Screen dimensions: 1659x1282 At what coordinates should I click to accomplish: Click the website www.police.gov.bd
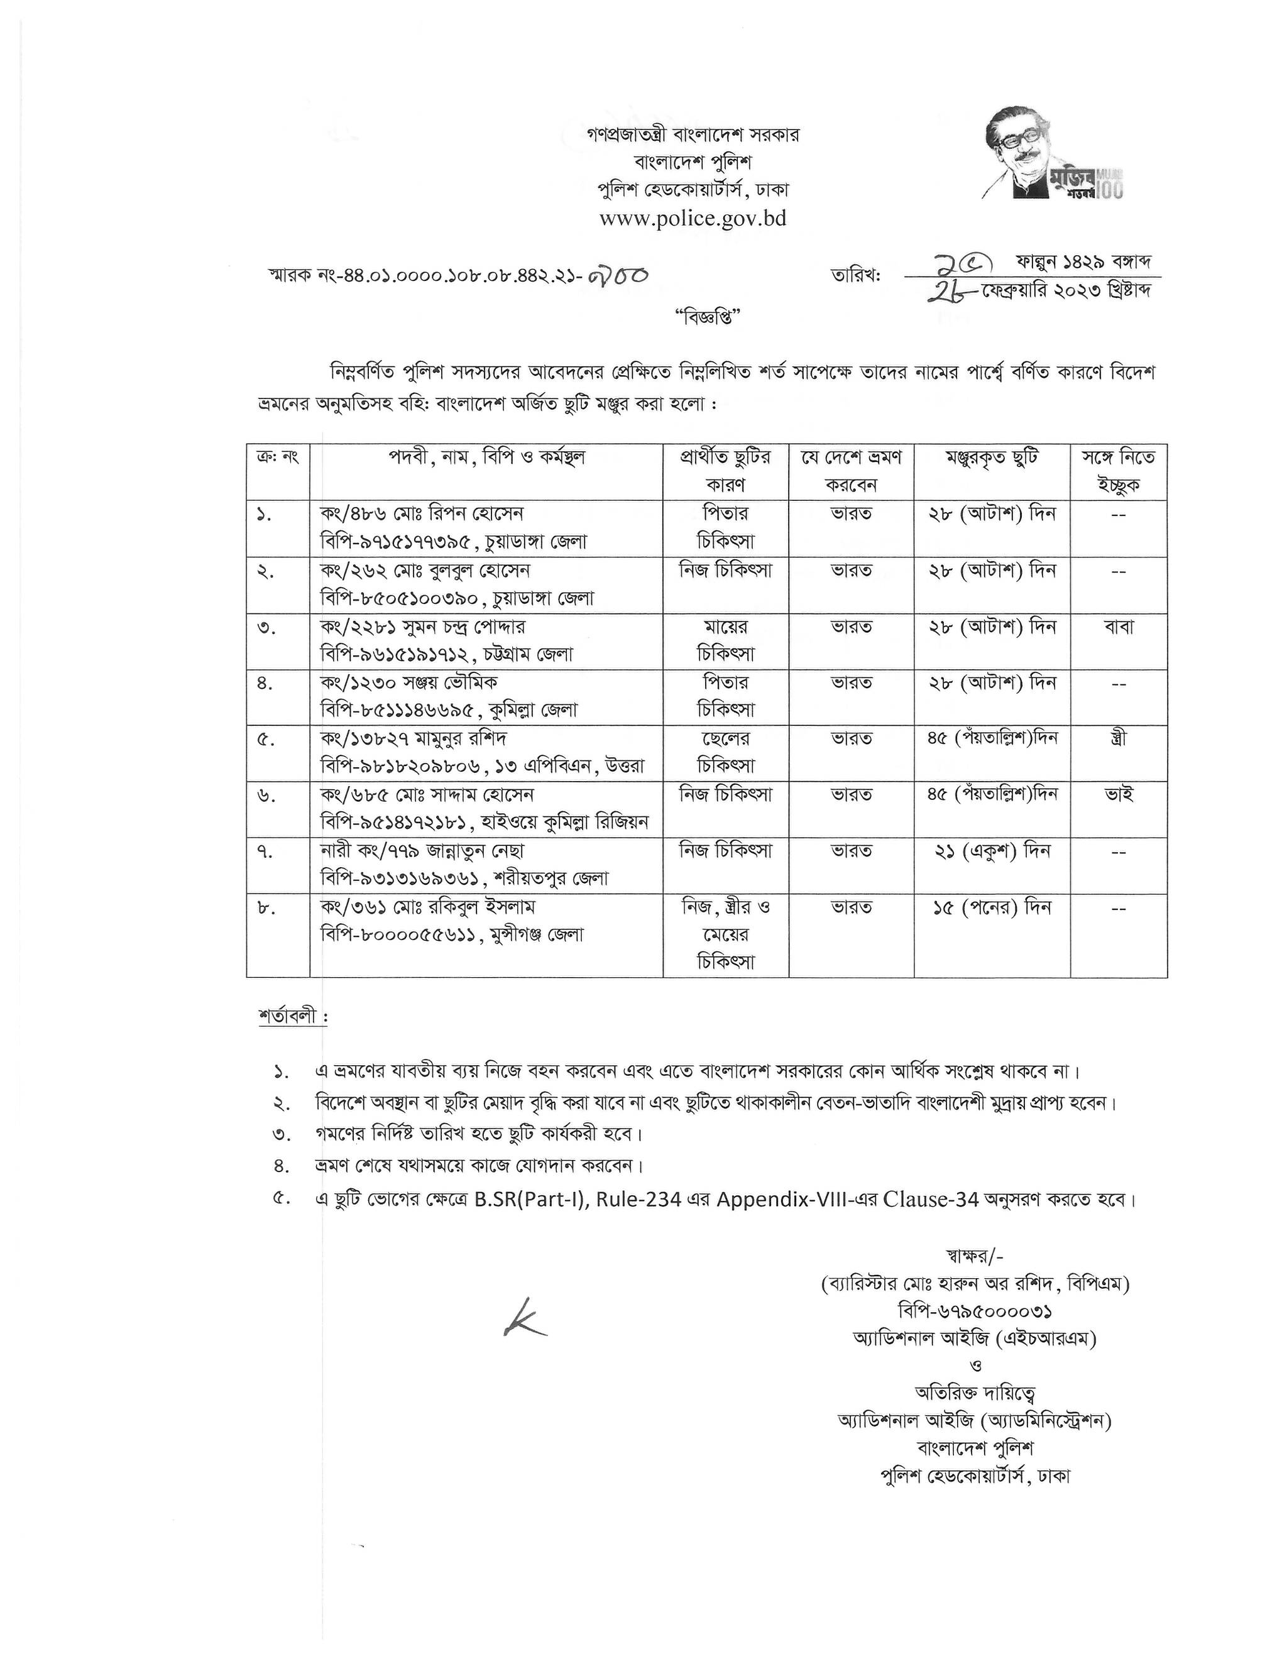tap(692, 219)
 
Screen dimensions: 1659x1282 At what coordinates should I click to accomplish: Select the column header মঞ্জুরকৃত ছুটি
tap(992, 459)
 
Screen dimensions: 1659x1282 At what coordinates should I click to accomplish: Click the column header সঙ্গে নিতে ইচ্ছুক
tap(1119, 471)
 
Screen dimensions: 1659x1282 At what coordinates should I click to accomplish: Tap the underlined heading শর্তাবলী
tap(292, 1016)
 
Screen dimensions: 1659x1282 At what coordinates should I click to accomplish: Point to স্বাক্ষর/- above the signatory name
tap(975, 1256)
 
